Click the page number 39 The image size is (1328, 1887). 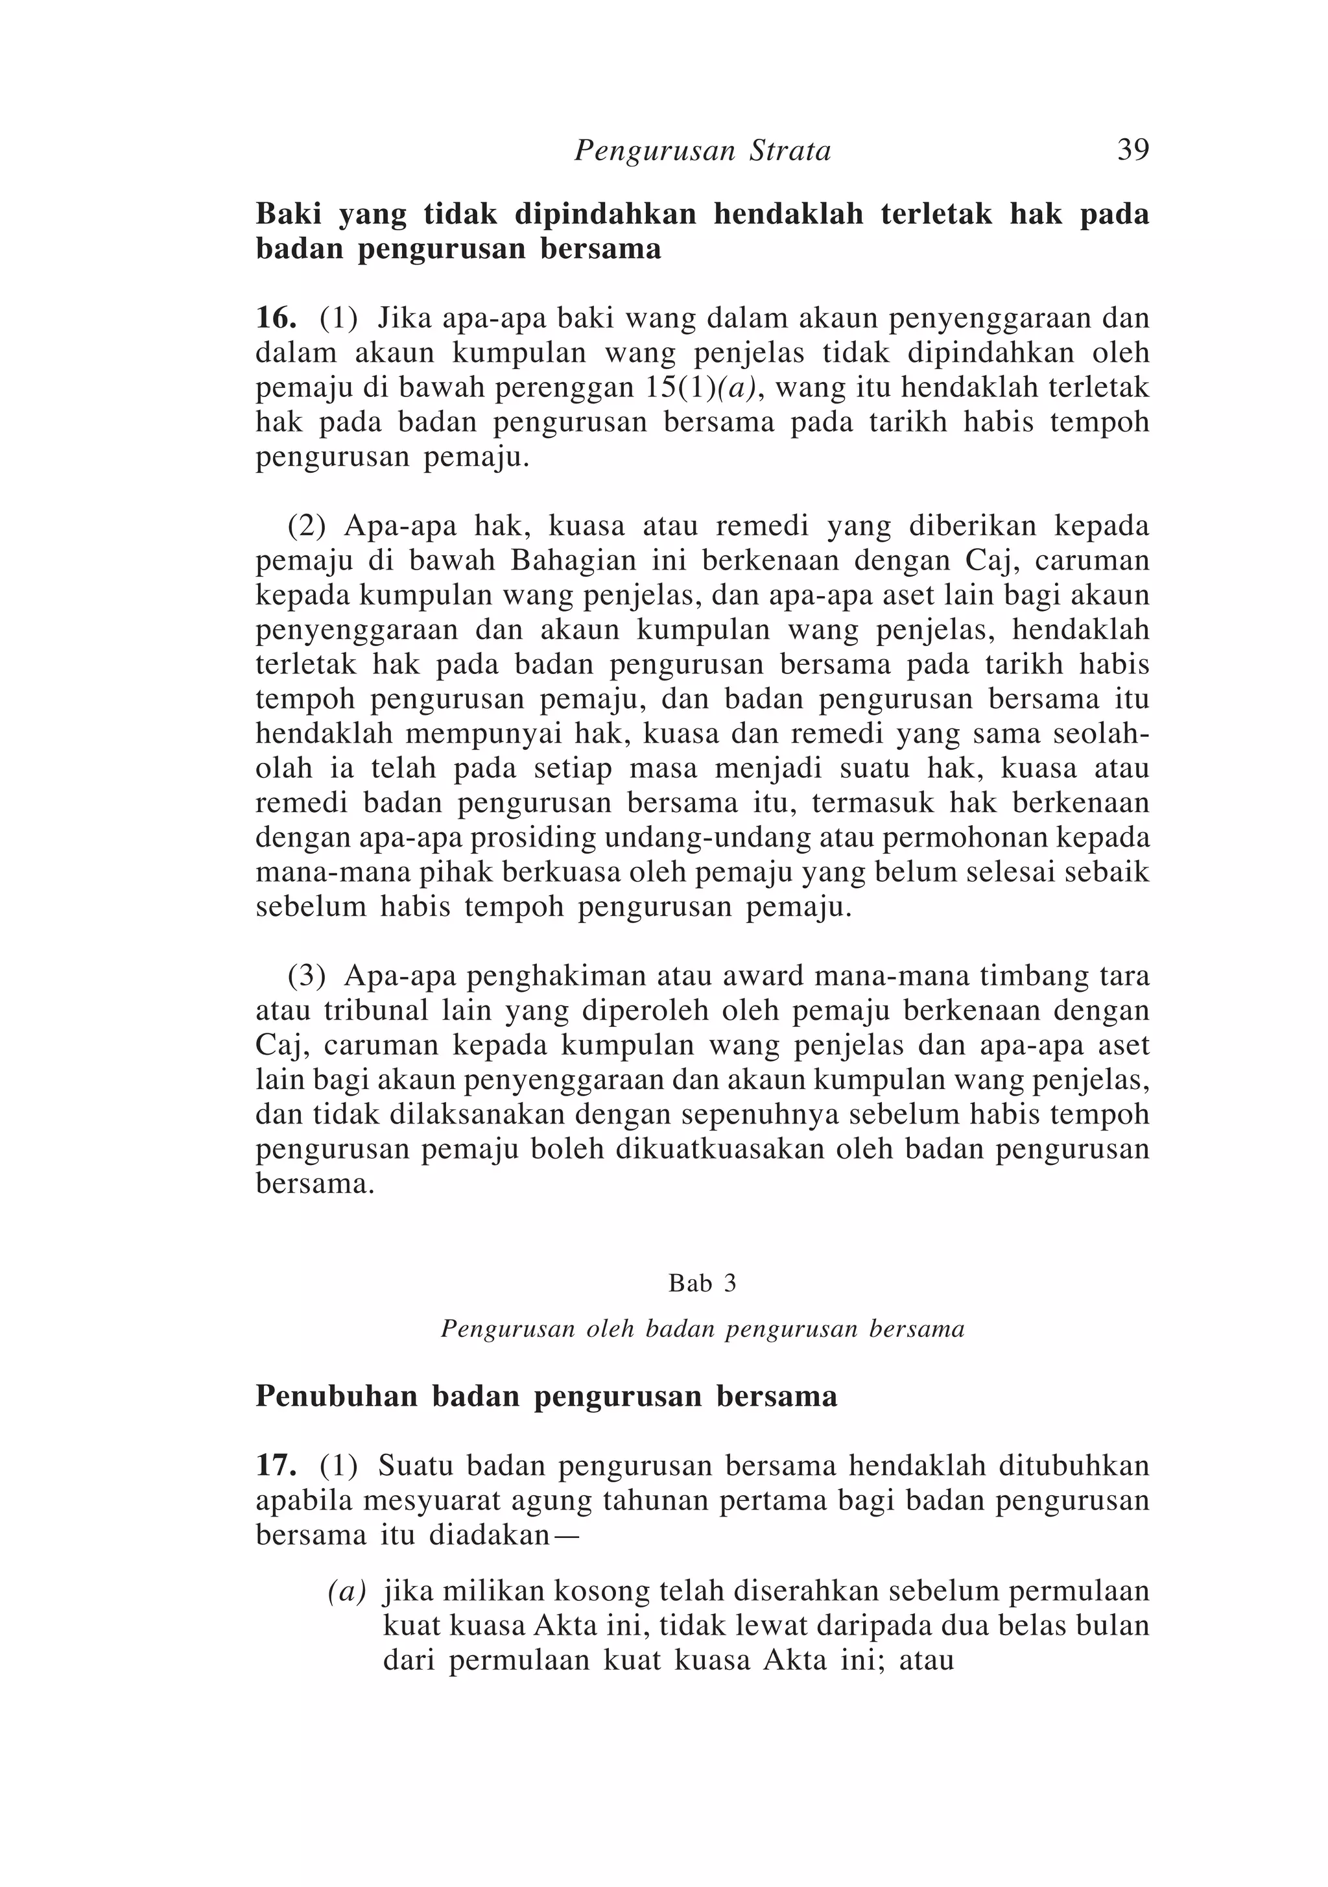pyautogui.click(x=1132, y=150)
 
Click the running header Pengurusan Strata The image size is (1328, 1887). pyautogui.click(x=703, y=150)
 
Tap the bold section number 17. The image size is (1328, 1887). pyautogui.click(x=276, y=1465)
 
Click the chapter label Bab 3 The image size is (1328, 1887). pyautogui.click(x=703, y=1283)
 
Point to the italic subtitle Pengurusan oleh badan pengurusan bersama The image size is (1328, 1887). pyautogui.click(x=703, y=1329)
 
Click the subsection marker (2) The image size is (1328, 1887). pyautogui.click(x=305, y=526)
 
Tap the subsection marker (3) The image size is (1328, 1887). pyautogui.click(x=305, y=977)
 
